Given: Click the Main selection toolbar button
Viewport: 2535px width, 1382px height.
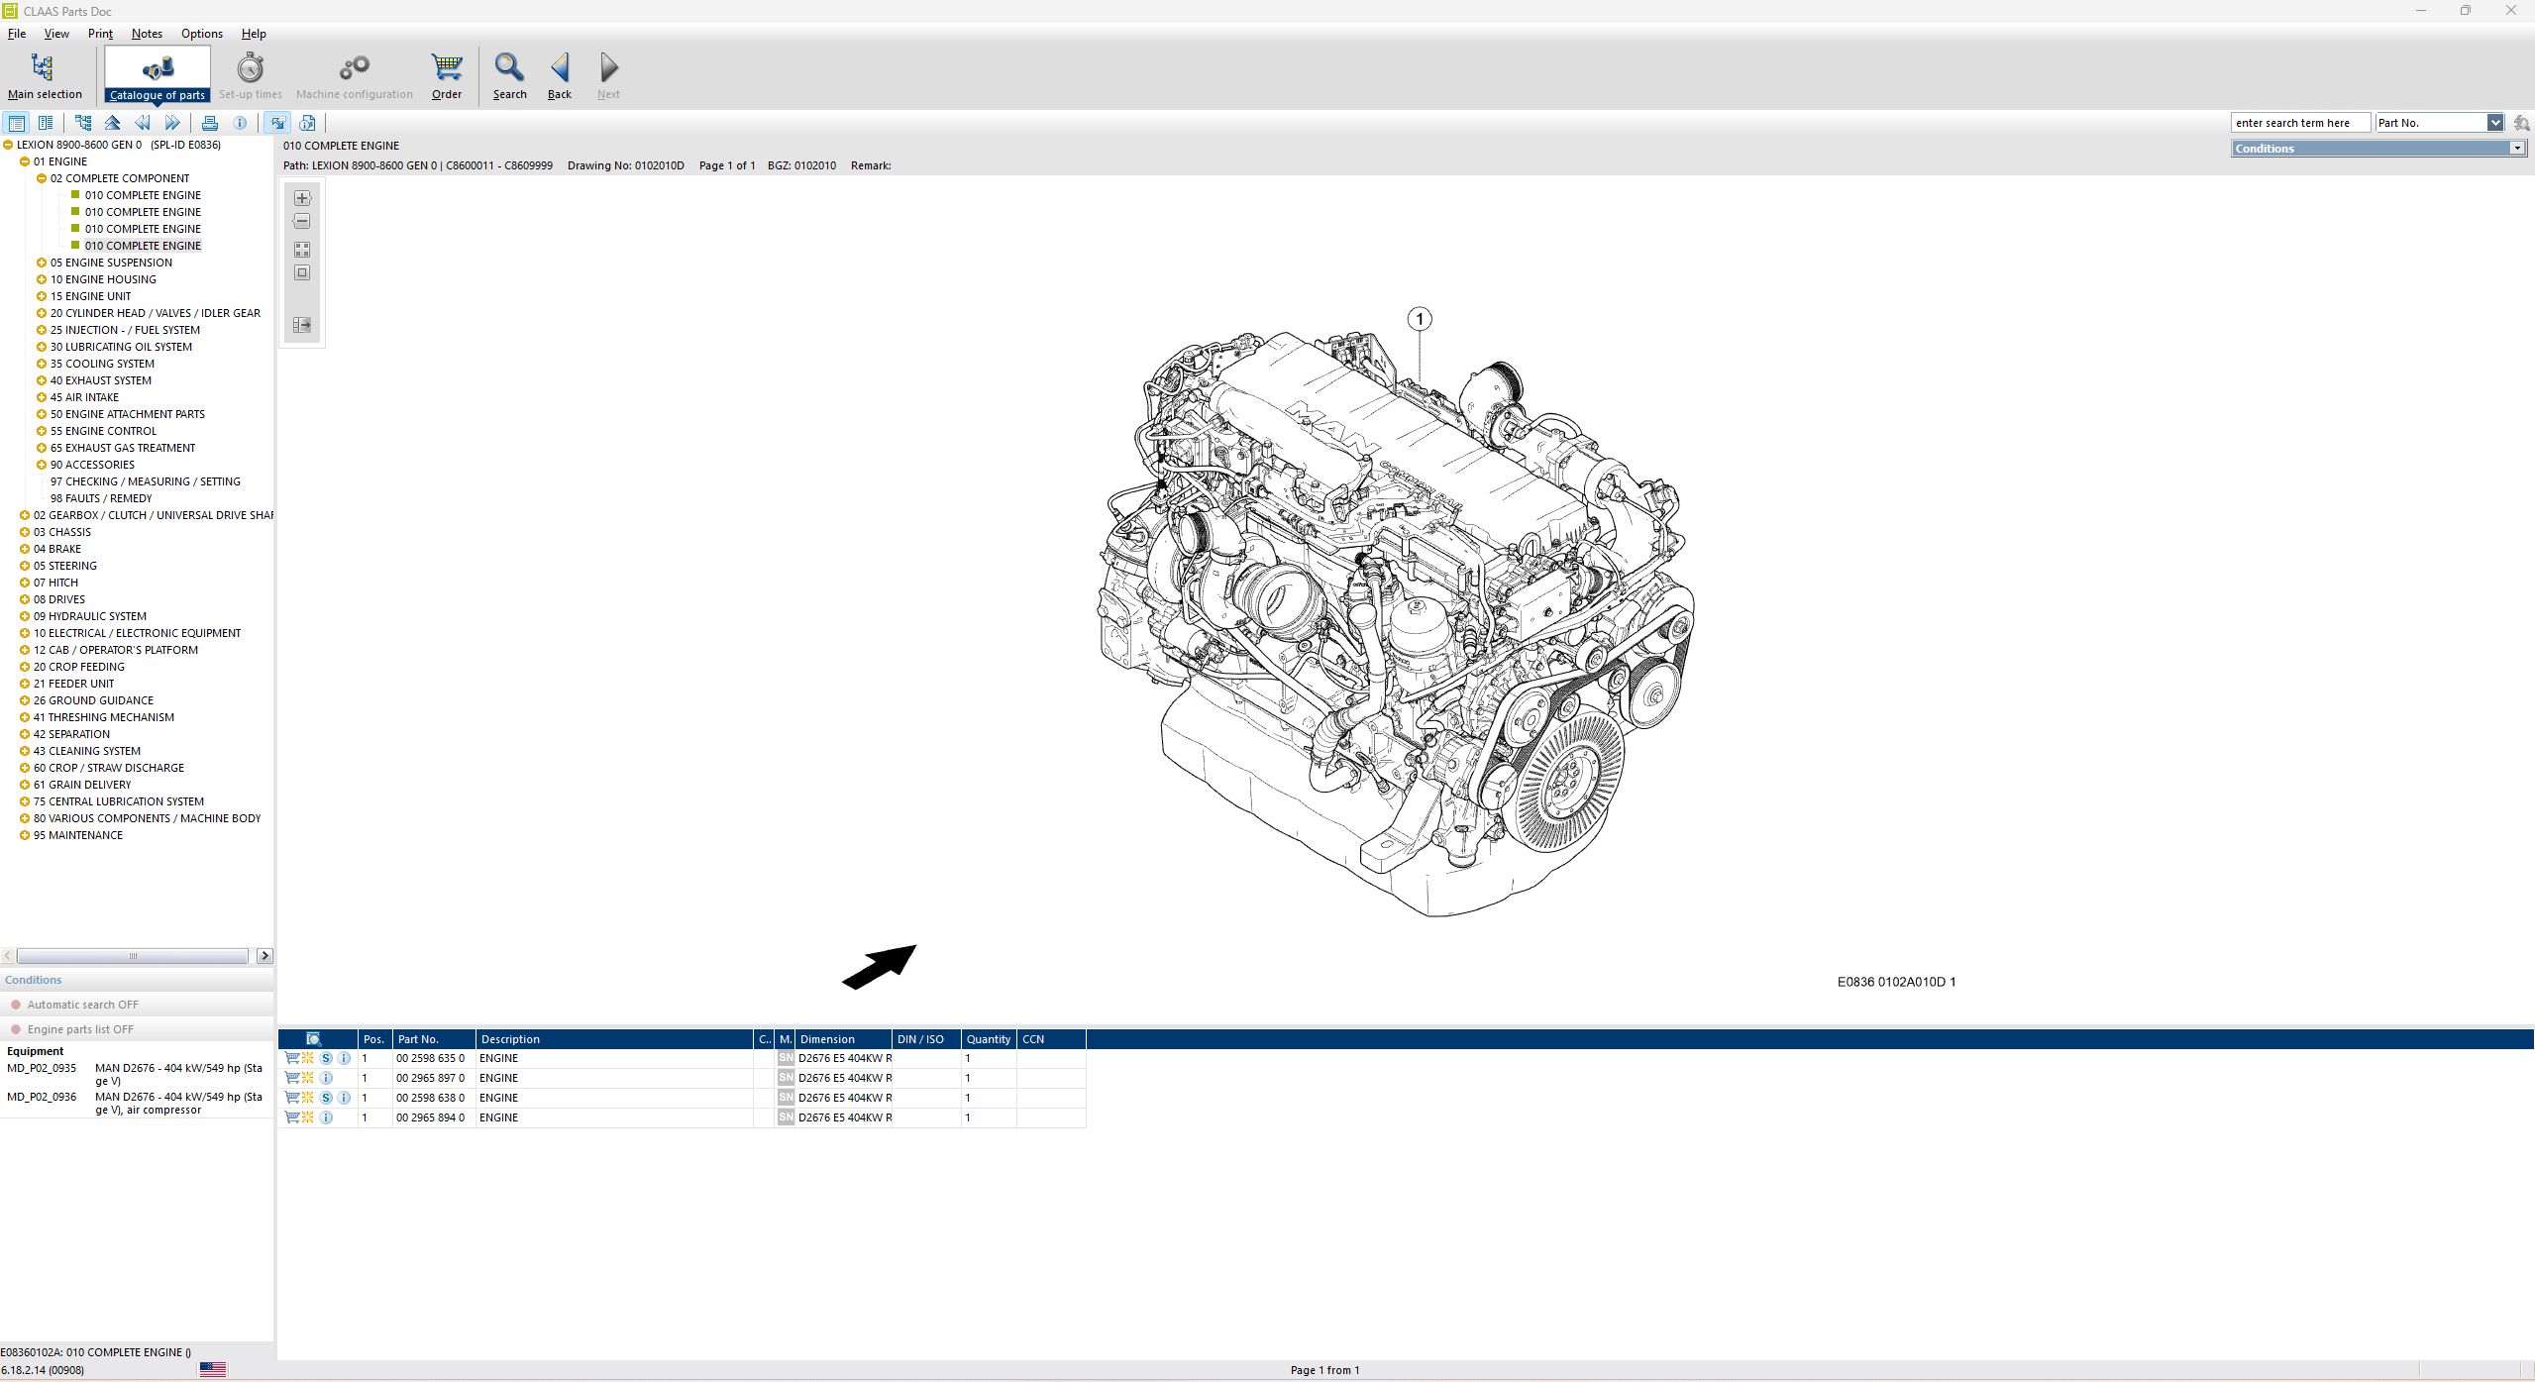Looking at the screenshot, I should click(45, 76).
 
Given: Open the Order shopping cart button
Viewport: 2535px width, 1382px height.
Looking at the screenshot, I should click(447, 76).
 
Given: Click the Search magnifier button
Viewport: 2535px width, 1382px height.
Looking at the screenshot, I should click(509, 76).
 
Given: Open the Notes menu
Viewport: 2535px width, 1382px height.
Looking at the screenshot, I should click(147, 34).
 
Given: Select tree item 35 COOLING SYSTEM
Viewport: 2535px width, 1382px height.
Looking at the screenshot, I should click(102, 364).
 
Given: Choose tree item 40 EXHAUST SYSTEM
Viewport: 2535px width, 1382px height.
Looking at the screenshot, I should click(101, 380).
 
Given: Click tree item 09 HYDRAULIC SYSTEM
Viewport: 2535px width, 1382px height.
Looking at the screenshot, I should click(90, 616).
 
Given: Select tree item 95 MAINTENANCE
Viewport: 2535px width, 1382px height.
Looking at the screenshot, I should click(78, 835).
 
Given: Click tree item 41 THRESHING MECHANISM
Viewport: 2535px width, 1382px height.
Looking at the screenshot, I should click(104, 717).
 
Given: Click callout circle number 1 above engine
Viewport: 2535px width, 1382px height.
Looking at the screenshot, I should click(1420, 319).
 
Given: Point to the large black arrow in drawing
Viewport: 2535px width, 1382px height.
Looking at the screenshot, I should click(879, 966).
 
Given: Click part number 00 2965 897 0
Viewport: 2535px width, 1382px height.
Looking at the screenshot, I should click(430, 1078).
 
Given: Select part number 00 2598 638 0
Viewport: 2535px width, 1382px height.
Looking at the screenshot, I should click(430, 1098).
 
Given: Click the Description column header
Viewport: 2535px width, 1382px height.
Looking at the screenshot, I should click(510, 1039).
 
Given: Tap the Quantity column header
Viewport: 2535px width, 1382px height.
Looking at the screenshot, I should click(988, 1039).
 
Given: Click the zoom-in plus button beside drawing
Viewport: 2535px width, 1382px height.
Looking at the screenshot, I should click(302, 198).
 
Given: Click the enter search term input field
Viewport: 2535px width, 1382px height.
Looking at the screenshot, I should click(2298, 123).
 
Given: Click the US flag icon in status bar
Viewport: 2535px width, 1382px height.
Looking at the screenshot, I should click(213, 1370).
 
